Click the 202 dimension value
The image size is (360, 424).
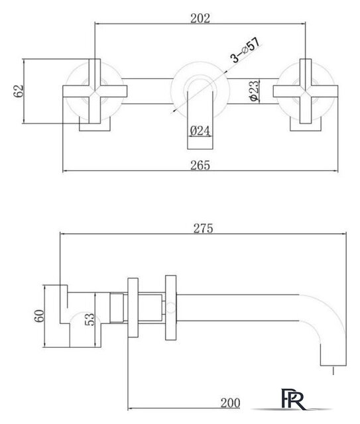click(200, 19)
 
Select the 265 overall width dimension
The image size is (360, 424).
click(200, 165)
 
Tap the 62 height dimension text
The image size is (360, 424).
click(19, 91)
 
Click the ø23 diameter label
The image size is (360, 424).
click(255, 91)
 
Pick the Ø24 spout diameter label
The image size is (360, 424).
click(200, 131)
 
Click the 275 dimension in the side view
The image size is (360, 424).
click(203, 229)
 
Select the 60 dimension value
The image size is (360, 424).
click(40, 316)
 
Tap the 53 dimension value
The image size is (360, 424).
click(90, 319)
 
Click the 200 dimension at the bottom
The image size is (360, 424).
click(230, 403)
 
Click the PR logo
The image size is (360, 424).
click(294, 399)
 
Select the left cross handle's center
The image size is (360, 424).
click(95, 91)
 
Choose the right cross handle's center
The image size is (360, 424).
click(306, 91)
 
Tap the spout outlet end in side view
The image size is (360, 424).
click(333, 365)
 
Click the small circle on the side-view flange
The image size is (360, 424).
click(171, 307)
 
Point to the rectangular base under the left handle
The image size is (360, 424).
click(95, 127)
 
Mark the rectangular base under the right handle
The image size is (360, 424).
click(306, 127)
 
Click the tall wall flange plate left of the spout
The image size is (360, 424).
click(171, 307)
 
